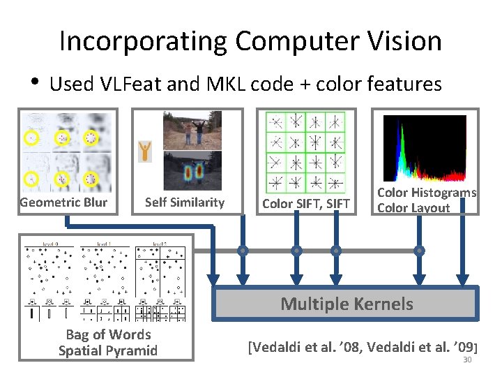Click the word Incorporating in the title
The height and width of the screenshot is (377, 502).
[144, 41]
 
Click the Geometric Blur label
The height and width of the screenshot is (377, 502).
[64, 202]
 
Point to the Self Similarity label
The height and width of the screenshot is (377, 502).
[185, 202]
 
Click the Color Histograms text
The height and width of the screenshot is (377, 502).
[427, 193]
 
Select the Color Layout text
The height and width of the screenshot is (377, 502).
[413, 207]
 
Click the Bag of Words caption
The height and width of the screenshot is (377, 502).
[108, 334]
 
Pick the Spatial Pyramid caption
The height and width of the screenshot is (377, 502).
[108, 350]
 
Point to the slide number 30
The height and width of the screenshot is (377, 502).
[468, 360]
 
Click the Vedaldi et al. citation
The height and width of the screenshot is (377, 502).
[363, 345]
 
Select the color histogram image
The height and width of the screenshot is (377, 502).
[425, 148]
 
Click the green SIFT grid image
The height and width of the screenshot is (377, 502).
[305, 151]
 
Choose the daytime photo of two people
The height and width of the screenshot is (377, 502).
[192, 131]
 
